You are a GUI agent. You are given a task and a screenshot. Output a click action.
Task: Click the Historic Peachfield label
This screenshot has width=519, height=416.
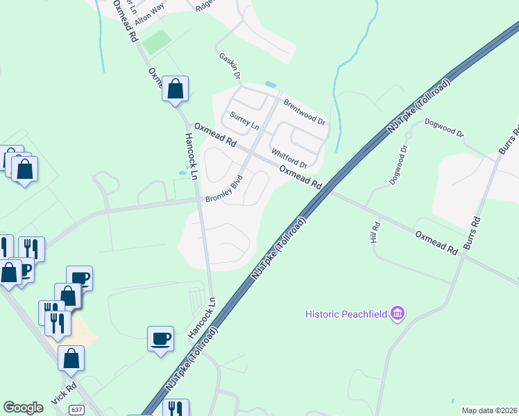tap(346, 315)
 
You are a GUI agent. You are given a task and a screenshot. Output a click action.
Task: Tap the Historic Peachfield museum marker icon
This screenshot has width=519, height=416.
tap(398, 315)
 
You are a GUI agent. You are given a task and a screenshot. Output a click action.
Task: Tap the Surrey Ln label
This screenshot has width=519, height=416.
tap(244, 123)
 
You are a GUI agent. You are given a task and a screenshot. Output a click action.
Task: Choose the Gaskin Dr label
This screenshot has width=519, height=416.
tap(230, 65)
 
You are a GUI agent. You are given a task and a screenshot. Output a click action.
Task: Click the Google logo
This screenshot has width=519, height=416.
tap(23, 407)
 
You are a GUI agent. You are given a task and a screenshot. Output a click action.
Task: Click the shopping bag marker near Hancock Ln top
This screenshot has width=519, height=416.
tap(176, 89)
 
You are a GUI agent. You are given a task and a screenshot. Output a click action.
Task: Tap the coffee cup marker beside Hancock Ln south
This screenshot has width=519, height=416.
tap(161, 338)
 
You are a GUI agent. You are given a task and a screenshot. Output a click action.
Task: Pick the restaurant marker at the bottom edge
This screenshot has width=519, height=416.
tap(176, 408)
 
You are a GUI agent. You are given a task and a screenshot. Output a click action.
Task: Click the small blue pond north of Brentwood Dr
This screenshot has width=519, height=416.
tap(271, 85)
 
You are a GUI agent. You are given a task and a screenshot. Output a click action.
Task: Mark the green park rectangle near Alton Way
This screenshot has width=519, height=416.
tap(158, 42)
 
